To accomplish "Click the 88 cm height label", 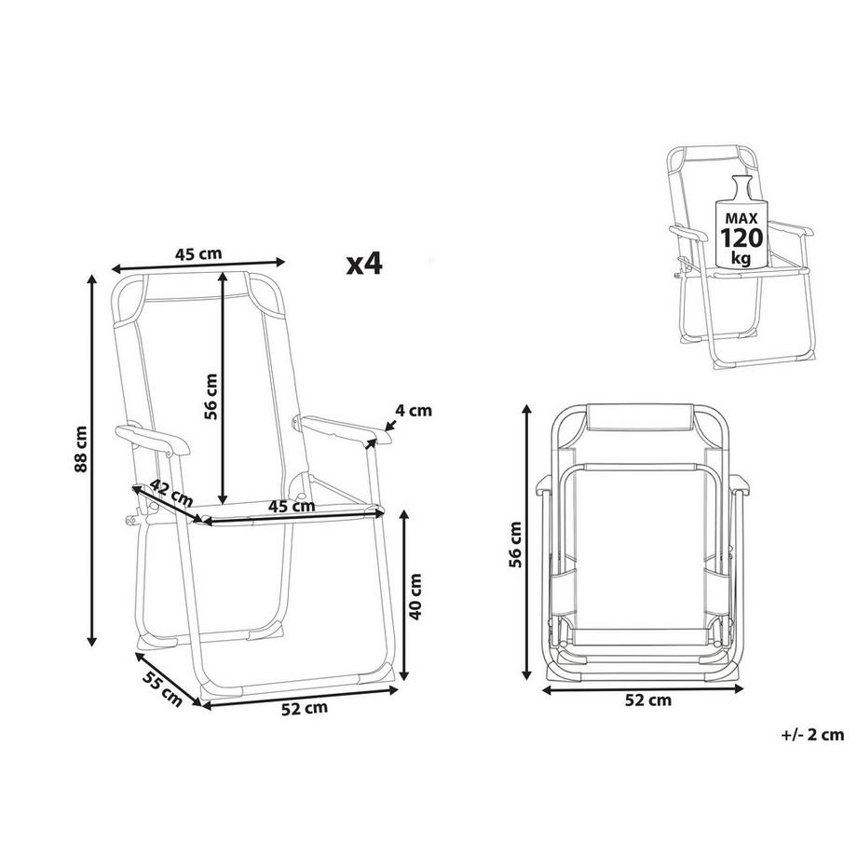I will (x=82, y=450).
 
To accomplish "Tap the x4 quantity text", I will (x=364, y=264).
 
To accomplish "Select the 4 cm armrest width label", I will (x=415, y=410).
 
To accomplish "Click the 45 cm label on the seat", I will (x=291, y=507).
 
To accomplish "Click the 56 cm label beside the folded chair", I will (x=516, y=543).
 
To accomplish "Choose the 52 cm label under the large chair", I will (x=306, y=708).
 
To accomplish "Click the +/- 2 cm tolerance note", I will (x=813, y=735).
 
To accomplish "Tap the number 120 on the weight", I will (x=741, y=237).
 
